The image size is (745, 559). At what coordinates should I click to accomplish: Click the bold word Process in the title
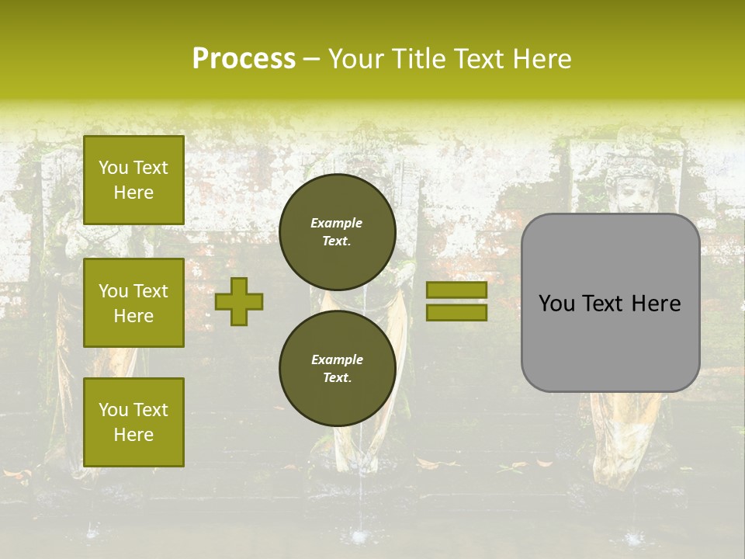pyautogui.click(x=244, y=59)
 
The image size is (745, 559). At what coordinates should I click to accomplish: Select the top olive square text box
pyautogui.click(x=133, y=180)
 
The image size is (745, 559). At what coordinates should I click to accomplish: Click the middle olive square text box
pyautogui.click(x=133, y=303)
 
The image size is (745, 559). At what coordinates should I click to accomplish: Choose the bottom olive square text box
pyautogui.click(x=133, y=422)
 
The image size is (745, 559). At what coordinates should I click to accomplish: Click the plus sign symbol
pyautogui.click(x=239, y=301)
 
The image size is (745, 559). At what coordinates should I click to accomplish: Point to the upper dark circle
pyautogui.click(x=338, y=231)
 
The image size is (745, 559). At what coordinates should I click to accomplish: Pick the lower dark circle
pyautogui.click(x=338, y=368)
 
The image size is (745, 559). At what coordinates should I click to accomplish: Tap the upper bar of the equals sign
pyautogui.click(x=456, y=290)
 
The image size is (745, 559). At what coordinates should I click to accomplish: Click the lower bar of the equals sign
pyautogui.click(x=456, y=312)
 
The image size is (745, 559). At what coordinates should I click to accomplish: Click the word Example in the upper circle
pyautogui.click(x=337, y=223)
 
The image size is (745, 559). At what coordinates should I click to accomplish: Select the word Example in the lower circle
pyautogui.click(x=337, y=359)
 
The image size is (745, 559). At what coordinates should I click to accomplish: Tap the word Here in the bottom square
pyautogui.click(x=133, y=435)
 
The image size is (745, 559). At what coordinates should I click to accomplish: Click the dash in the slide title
pyautogui.click(x=312, y=59)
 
